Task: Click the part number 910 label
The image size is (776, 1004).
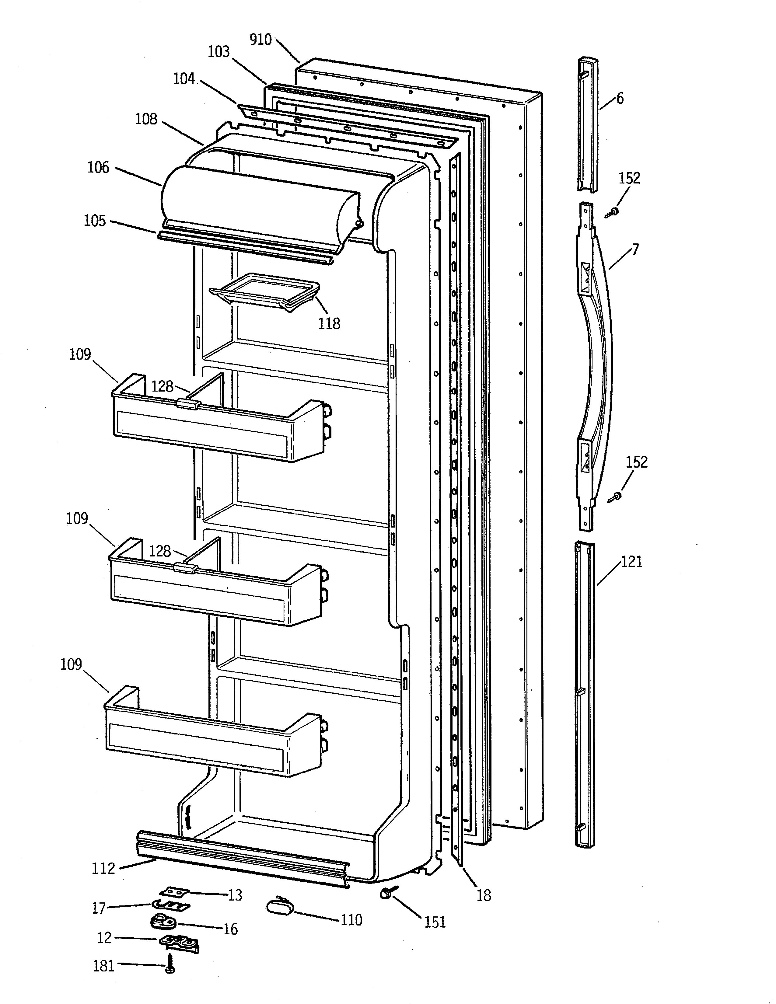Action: click(x=261, y=40)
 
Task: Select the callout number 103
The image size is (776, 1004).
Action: click(x=218, y=51)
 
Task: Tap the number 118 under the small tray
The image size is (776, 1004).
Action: click(x=329, y=324)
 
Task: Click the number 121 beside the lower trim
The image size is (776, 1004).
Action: click(x=632, y=561)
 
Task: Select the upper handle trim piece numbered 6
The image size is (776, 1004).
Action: click(x=588, y=124)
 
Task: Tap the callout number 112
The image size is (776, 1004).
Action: click(x=103, y=868)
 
